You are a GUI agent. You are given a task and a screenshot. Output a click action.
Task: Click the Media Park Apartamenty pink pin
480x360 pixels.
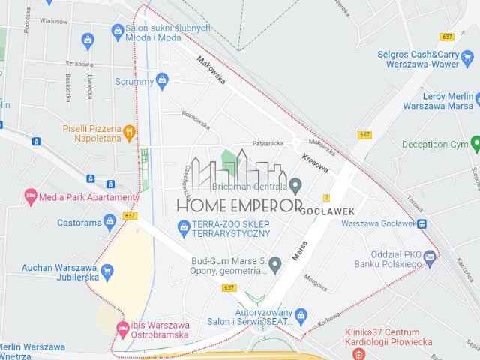click(x=31, y=196)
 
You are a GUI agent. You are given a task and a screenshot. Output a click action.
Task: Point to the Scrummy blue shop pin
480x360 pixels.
click(x=161, y=79)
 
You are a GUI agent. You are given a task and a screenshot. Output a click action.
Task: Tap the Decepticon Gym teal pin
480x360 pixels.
click(x=474, y=142)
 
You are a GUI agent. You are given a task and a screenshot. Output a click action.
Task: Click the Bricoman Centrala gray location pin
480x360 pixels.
click(x=295, y=185)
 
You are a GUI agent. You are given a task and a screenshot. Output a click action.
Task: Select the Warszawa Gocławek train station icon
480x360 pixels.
click(x=422, y=223)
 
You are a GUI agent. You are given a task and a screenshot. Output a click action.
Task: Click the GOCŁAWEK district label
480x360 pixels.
click(x=326, y=211)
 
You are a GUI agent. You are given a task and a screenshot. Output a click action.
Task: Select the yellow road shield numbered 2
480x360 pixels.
click(x=326, y=198)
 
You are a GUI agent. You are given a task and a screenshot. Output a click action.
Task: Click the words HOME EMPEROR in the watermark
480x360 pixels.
click(x=238, y=204)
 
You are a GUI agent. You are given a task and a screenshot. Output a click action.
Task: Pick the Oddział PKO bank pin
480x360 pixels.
click(x=429, y=256)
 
